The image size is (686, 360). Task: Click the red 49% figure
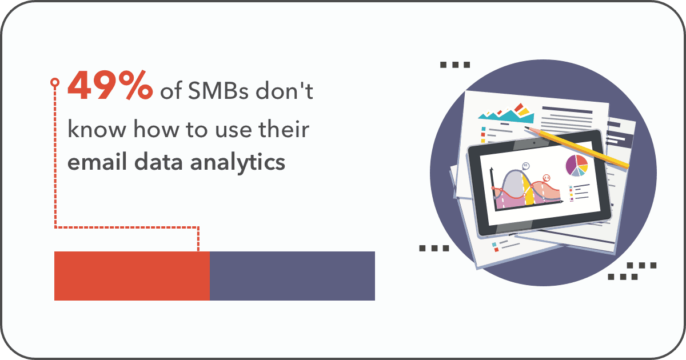pos(110,85)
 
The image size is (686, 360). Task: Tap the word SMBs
pos(218,91)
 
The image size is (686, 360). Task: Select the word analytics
pos(238,162)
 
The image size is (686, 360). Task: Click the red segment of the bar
pos(132,276)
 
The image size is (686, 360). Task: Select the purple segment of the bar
pos(292,276)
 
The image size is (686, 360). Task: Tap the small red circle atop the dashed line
pos(55,82)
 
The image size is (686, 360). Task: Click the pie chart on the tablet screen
pos(577,166)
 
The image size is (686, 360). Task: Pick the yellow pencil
pos(577,147)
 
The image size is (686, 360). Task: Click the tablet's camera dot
pos(534,143)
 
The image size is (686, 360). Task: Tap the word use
pos(234,131)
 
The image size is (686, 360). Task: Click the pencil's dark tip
pos(527,127)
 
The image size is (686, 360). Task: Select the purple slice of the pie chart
pos(571,165)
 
